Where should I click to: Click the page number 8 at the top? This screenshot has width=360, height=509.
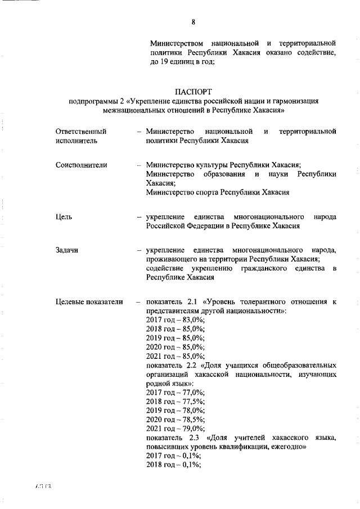[x=193, y=22]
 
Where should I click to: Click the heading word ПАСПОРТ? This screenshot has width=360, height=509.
[x=193, y=91]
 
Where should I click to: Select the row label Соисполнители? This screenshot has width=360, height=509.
[x=81, y=165]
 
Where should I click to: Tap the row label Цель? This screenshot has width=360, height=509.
[x=63, y=217]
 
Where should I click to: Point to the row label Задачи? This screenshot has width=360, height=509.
[x=67, y=249]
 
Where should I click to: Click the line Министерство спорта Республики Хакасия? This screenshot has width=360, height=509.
[x=217, y=192]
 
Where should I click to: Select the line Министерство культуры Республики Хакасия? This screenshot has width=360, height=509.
[x=223, y=165]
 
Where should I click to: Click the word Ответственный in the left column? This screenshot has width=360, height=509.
[x=81, y=131]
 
